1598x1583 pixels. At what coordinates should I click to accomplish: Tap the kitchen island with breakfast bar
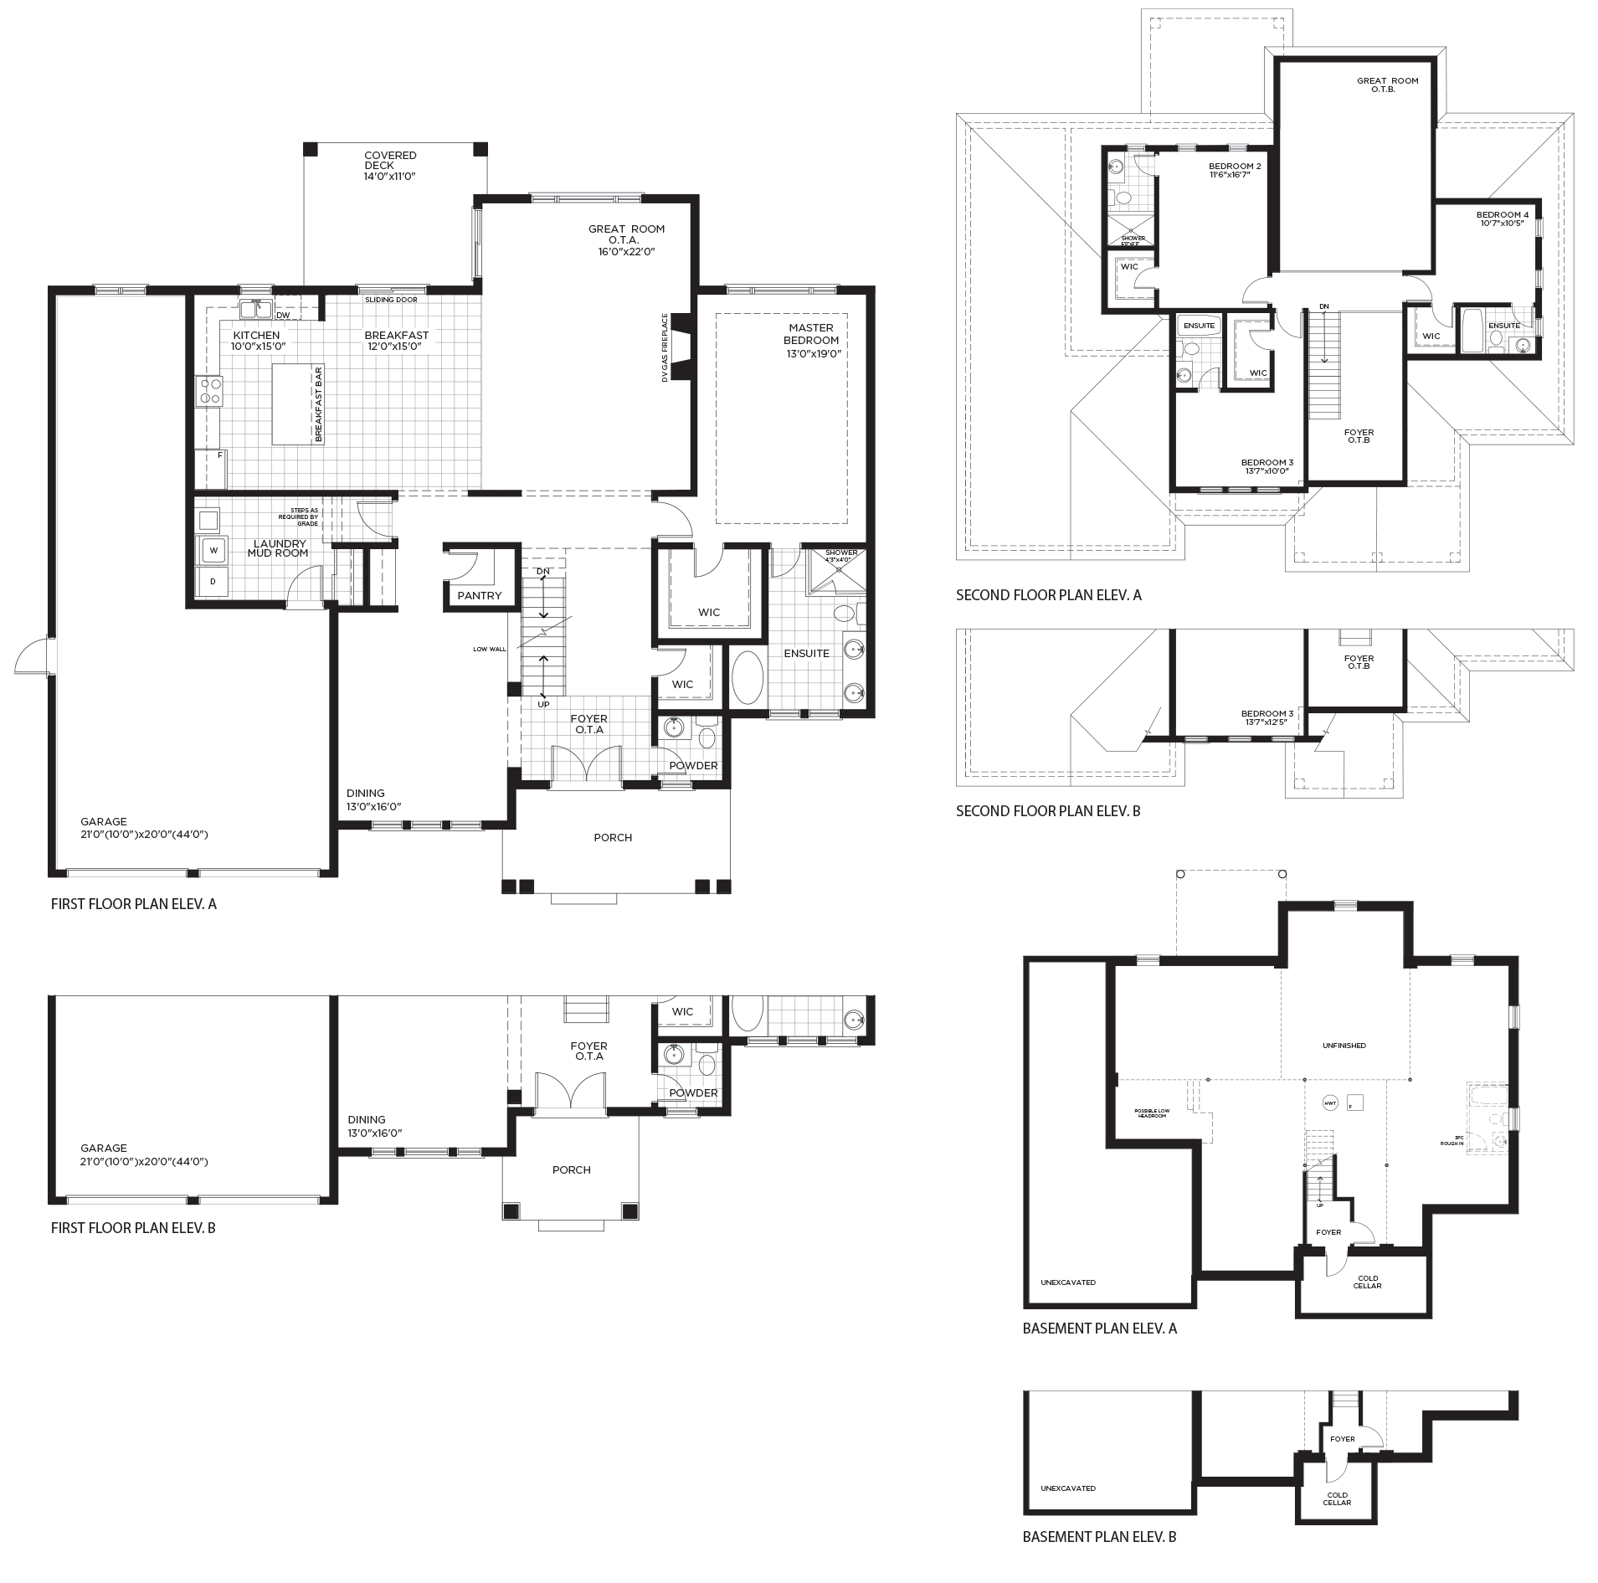click(x=298, y=405)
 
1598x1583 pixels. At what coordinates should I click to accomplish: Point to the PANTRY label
click(x=480, y=595)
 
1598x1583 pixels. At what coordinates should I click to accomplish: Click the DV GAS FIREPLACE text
click(x=665, y=347)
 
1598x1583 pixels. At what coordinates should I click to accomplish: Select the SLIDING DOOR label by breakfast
click(x=391, y=300)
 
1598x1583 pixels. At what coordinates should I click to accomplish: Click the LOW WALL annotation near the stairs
click(x=489, y=649)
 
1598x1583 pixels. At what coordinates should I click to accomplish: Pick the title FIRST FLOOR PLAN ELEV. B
click(x=133, y=1228)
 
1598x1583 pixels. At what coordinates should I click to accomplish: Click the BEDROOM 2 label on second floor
click(x=1235, y=166)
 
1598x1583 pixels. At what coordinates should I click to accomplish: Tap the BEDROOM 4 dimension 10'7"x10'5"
click(x=1503, y=223)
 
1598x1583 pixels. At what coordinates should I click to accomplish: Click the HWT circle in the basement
click(x=1329, y=1102)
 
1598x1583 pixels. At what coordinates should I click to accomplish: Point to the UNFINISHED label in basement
click(x=1344, y=1046)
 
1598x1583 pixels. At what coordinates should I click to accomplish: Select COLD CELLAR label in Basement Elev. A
click(x=1367, y=1282)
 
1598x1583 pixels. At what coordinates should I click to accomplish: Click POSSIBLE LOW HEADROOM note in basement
click(x=1152, y=1113)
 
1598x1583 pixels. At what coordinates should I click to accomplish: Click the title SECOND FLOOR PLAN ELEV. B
click(x=1048, y=811)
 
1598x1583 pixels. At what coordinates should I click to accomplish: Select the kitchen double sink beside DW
click(x=255, y=310)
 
